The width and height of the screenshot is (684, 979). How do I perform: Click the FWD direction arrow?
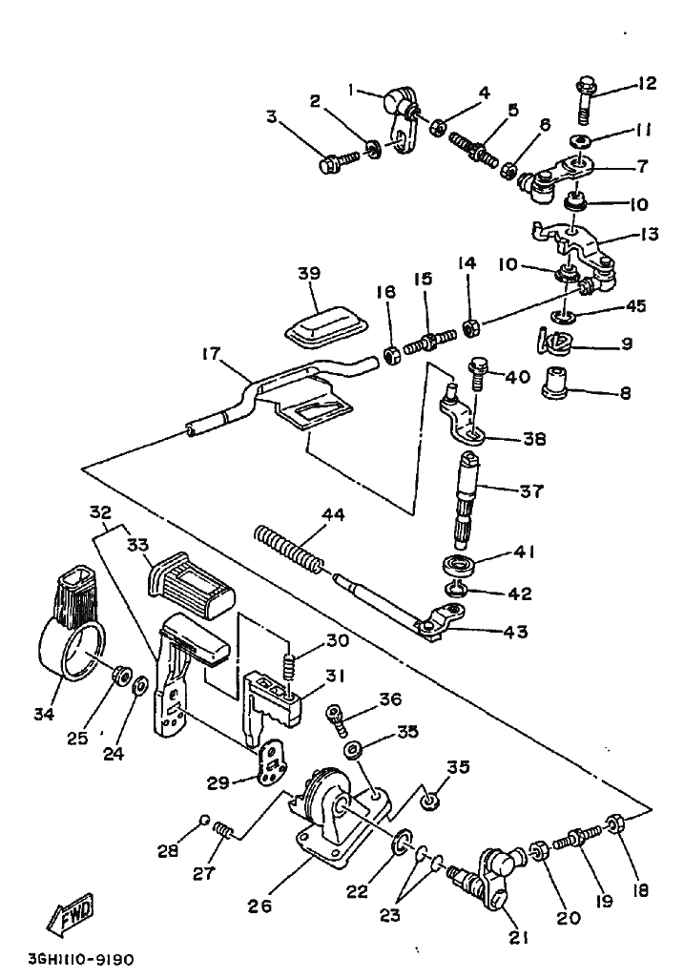pyautogui.click(x=72, y=920)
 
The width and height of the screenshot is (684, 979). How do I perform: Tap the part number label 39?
pyautogui.click(x=308, y=273)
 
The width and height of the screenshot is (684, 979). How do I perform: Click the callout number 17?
pyautogui.click(x=209, y=355)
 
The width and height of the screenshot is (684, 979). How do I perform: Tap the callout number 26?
pyautogui.click(x=259, y=902)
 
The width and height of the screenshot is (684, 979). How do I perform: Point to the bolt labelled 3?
pyautogui.click(x=339, y=163)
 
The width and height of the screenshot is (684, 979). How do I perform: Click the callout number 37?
pyautogui.click(x=530, y=491)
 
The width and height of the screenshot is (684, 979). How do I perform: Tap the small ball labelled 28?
pyautogui.click(x=204, y=819)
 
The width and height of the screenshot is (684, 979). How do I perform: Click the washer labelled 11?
pyautogui.click(x=579, y=141)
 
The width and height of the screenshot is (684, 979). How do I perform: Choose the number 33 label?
pyautogui.click(x=138, y=545)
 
